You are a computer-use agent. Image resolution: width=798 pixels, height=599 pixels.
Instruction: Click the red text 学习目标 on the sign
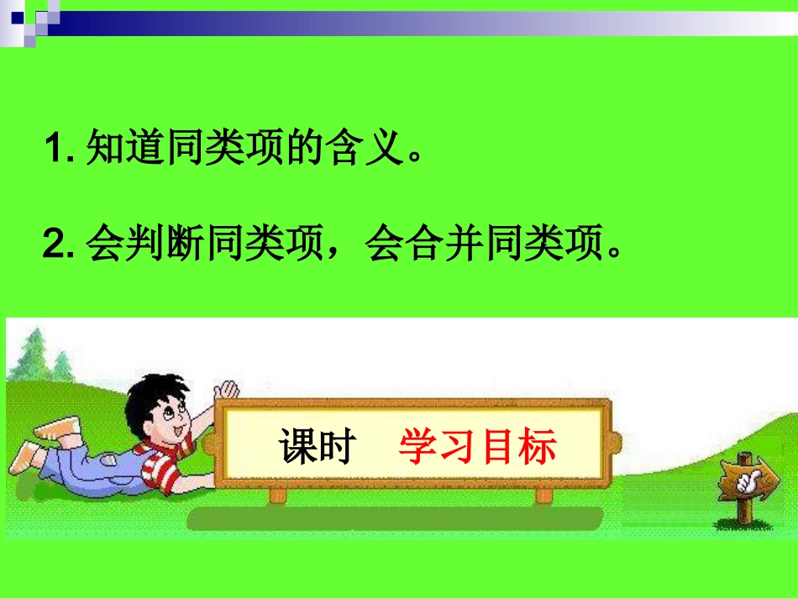click(x=477, y=447)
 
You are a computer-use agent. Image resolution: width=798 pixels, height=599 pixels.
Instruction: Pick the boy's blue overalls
click(x=101, y=466)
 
